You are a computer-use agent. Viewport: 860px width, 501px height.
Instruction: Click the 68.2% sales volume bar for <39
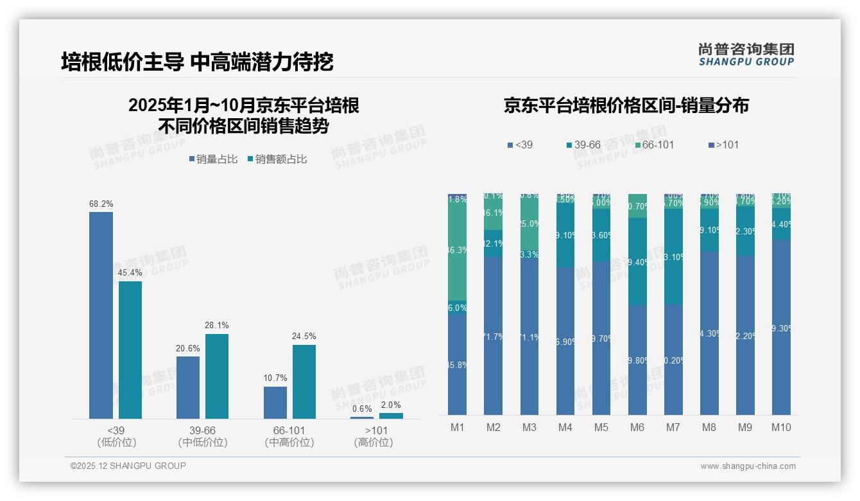click(x=101, y=315)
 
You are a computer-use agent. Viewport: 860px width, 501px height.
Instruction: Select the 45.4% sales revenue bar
click(x=130, y=350)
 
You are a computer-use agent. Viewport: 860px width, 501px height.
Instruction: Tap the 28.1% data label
click(x=216, y=325)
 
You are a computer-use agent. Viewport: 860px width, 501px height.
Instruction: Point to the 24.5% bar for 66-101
click(x=304, y=382)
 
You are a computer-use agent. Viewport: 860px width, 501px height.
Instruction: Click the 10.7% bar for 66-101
click(x=275, y=403)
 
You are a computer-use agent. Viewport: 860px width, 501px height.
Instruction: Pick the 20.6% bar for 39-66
click(x=188, y=387)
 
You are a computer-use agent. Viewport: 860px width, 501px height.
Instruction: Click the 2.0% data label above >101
click(x=391, y=405)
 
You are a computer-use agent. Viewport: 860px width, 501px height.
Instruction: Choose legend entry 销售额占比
click(x=277, y=159)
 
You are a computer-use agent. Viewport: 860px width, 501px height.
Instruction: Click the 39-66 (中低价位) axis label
click(x=202, y=436)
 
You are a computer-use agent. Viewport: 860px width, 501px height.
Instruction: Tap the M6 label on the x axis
click(x=637, y=427)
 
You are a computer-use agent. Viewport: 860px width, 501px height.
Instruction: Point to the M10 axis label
click(x=781, y=427)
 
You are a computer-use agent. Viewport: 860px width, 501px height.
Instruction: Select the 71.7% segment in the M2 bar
click(x=494, y=335)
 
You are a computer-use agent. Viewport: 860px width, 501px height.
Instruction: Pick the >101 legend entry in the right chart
click(x=723, y=145)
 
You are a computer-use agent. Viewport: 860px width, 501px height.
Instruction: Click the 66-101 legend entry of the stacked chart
click(x=655, y=145)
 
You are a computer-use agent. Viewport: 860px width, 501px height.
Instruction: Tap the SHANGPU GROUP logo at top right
click(x=746, y=55)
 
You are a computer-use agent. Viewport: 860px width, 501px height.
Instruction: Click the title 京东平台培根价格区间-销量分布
click(x=626, y=105)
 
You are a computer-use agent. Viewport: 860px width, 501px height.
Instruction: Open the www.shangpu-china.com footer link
click(x=748, y=466)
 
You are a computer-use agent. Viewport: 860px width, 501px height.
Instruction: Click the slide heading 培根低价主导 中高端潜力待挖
click(x=197, y=62)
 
